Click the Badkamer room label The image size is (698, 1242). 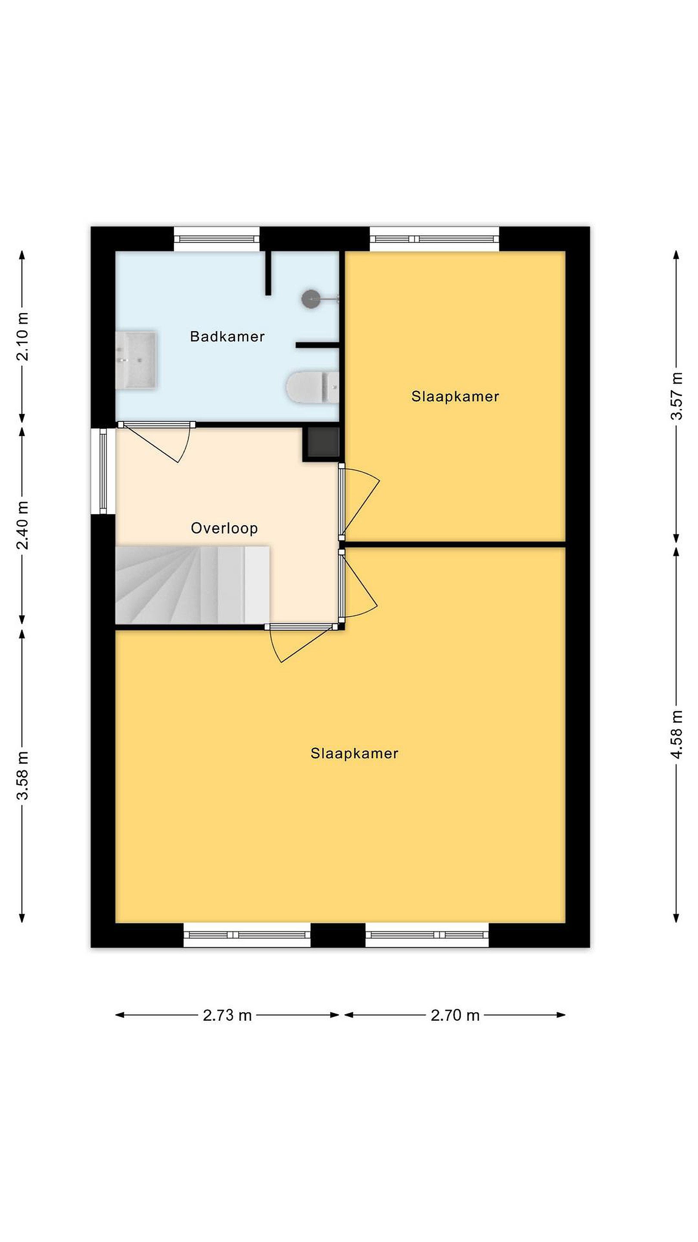click(x=227, y=336)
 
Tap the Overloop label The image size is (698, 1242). click(x=224, y=528)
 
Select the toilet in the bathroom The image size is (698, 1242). click(x=313, y=387)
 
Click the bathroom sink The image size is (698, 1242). click(x=136, y=360)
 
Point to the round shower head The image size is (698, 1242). click(x=311, y=299)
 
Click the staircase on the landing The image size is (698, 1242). click(x=192, y=584)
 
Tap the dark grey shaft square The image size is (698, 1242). click(x=323, y=442)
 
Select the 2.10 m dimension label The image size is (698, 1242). click(x=22, y=336)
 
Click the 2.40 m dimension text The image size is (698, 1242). click(x=22, y=525)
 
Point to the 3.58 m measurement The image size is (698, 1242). click(x=22, y=775)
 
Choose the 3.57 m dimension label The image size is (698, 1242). click(x=677, y=396)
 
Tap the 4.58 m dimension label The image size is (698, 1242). click(x=677, y=734)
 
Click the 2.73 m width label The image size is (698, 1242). click(x=227, y=1016)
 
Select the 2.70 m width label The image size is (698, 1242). click(x=455, y=1016)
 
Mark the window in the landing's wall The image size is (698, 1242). click(x=103, y=471)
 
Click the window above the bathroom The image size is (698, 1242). click(x=217, y=238)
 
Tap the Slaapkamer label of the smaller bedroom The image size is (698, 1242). click(x=455, y=396)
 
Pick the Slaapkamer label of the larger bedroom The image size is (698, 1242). click(x=355, y=753)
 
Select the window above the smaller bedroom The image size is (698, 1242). click(x=434, y=238)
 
